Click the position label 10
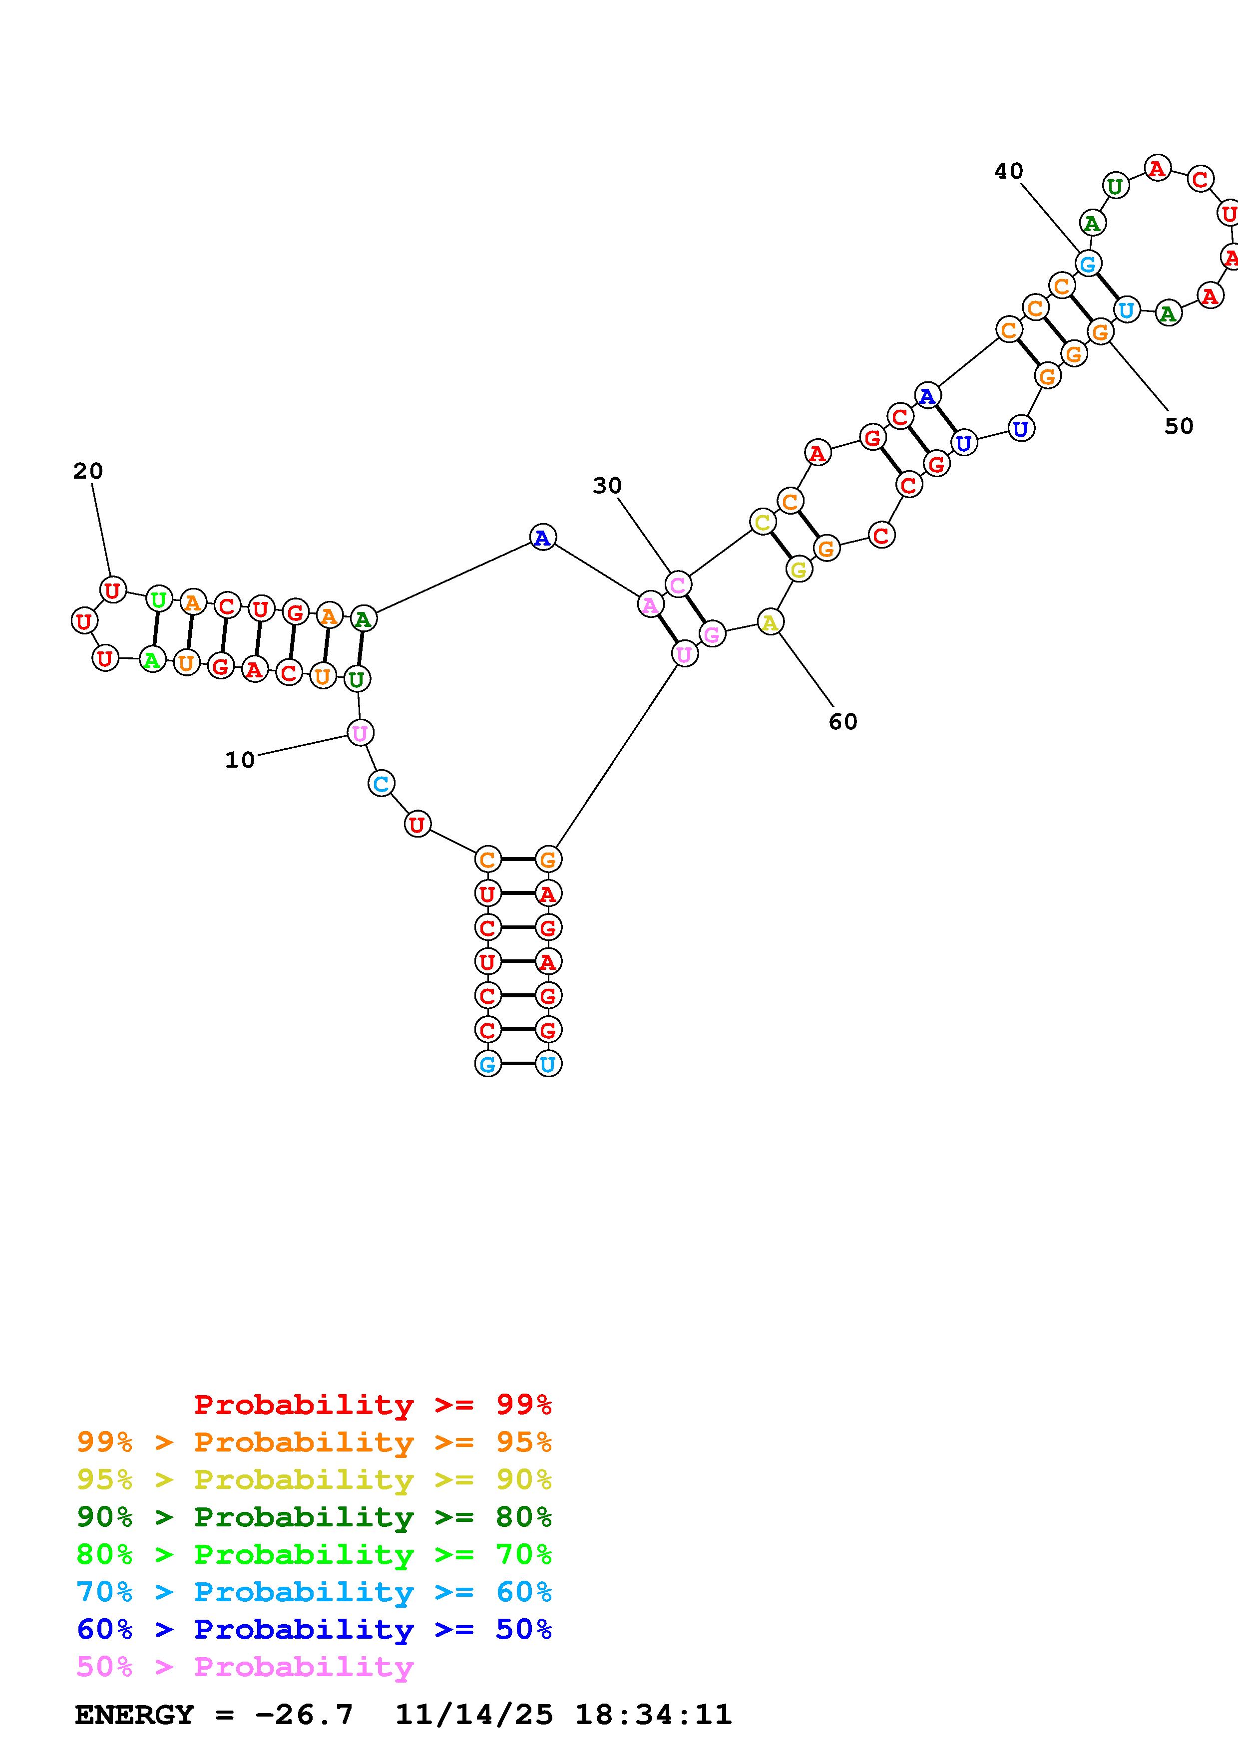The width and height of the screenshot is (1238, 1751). coord(240,760)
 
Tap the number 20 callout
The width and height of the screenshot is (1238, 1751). coord(88,471)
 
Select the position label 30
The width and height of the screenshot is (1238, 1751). coord(607,486)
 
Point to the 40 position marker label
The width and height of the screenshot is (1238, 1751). coord(1008,172)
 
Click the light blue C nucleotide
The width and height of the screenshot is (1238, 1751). coord(381,783)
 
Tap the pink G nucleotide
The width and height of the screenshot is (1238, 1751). coord(712,634)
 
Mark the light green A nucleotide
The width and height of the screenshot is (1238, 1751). coord(152,659)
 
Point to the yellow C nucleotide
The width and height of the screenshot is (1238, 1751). coord(762,523)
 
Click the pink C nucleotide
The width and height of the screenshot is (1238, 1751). coord(677,585)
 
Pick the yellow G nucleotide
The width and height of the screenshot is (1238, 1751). coord(798,569)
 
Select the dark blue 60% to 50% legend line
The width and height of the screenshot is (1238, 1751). coord(314,1630)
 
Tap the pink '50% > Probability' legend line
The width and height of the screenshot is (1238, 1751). coord(245,1667)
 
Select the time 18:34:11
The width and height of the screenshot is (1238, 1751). coord(653,1715)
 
